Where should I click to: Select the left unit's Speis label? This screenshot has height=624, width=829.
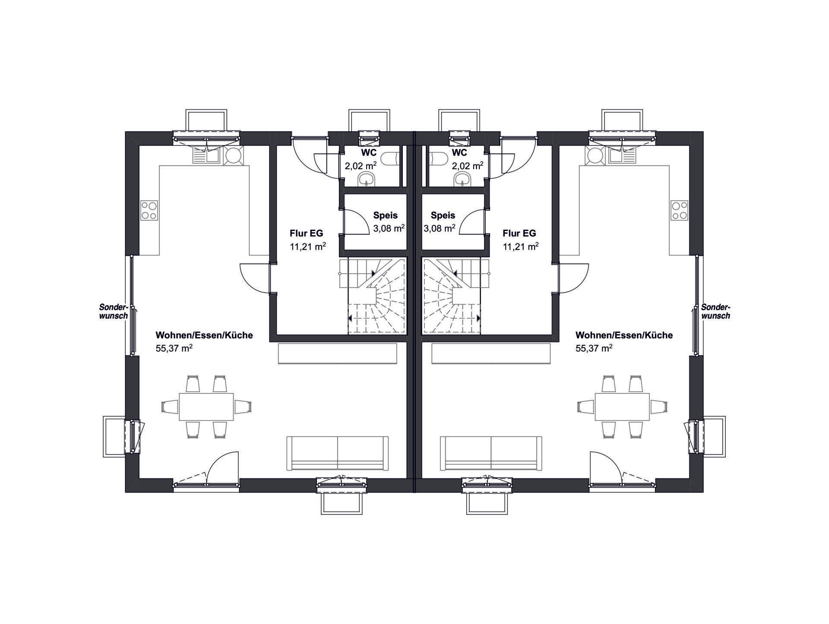pyautogui.click(x=385, y=215)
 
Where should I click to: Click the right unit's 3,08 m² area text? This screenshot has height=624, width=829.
pyautogui.click(x=439, y=228)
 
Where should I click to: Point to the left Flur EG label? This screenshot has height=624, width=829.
pyautogui.click(x=306, y=233)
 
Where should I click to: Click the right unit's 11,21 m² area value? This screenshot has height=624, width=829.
pyautogui.click(x=520, y=247)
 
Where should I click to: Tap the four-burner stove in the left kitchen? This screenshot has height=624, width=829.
pyautogui.click(x=149, y=210)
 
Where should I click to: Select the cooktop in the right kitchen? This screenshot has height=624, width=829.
pyautogui.click(x=680, y=210)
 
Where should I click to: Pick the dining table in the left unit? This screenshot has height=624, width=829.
pyautogui.click(x=206, y=406)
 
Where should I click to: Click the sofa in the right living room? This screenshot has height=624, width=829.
pyautogui.click(x=491, y=453)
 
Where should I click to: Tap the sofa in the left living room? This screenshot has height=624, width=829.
pyautogui.click(x=338, y=453)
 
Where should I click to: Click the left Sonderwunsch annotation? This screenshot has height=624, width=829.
pyautogui.click(x=114, y=311)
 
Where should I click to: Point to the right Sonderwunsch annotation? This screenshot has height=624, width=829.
pyautogui.click(x=715, y=311)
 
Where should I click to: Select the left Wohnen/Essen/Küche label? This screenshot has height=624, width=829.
pyautogui.click(x=204, y=335)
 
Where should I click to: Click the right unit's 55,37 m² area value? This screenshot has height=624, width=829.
pyautogui.click(x=594, y=348)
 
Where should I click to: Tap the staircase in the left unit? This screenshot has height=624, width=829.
pyautogui.click(x=373, y=296)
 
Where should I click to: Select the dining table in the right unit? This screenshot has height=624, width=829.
pyautogui.click(x=622, y=406)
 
